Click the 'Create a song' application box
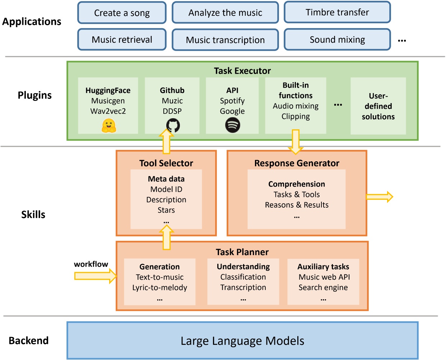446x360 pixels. click(122, 13)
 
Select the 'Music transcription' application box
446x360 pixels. click(225, 40)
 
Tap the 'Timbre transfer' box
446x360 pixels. click(337, 13)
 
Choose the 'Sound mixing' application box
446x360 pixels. click(337, 40)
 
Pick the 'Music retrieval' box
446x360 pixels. click(122, 40)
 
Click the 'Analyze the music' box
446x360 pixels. click(225, 13)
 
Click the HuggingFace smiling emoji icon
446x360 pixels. click(108, 126)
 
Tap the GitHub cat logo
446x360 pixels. click(173, 126)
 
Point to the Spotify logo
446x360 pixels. click(232, 125)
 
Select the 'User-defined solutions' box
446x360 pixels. click(378, 106)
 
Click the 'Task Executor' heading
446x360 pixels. click(242, 71)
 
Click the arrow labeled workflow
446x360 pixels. click(95, 276)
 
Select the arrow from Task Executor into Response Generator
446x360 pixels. click(296, 142)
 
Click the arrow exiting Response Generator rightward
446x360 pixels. click(379, 197)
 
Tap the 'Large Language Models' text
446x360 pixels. click(242, 341)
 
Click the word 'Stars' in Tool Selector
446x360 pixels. click(166, 210)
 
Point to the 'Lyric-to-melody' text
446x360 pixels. click(160, 287)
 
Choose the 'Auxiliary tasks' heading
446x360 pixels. click(323, 267)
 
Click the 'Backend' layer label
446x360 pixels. click(29, 341)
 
